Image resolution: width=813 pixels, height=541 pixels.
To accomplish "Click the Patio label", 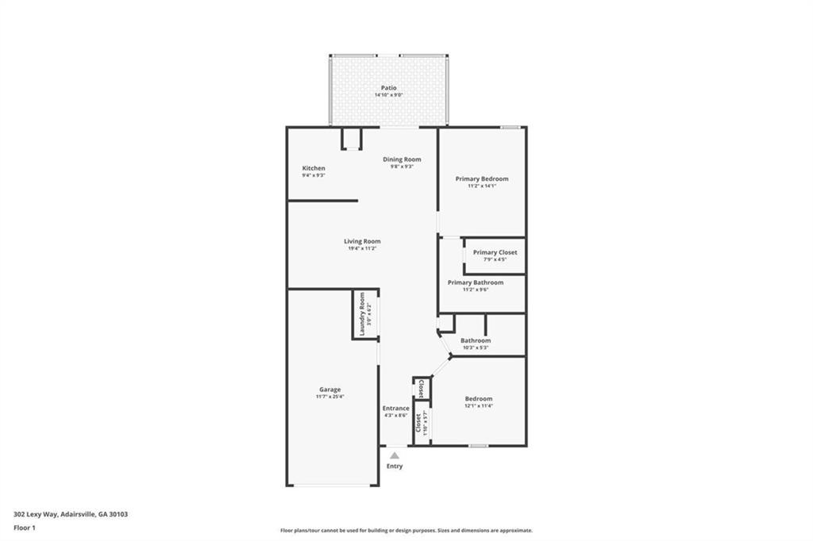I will point(388,88).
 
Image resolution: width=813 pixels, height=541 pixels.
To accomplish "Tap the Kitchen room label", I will point(314,168).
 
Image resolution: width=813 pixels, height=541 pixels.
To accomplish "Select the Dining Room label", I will point(402,159).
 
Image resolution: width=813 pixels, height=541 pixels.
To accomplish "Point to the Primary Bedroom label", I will point(482,178).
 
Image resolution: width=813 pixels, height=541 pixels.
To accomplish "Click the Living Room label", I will point(362,241).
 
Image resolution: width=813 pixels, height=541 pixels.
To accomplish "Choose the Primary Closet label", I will point(495,252).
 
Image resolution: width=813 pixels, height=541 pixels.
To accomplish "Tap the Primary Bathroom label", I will point(475,282).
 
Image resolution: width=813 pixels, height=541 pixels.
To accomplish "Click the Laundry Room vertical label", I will point(362,313).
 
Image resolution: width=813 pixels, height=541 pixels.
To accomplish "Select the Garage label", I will point(330,389).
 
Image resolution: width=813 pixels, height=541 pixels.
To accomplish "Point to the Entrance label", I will point(395,409).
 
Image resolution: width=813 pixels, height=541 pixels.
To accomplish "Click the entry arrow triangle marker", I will point(395,455).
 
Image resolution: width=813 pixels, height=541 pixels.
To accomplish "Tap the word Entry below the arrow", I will point(395,466).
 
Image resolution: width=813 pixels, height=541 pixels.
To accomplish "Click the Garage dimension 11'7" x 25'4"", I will point(330,397).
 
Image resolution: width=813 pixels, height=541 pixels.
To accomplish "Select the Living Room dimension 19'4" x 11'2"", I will point(362,248).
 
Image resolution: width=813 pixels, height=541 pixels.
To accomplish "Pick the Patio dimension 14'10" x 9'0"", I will point(388,95).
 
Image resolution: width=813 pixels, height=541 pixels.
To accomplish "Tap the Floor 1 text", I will point(25,528).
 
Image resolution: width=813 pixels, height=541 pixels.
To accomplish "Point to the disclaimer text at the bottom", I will point(406,531).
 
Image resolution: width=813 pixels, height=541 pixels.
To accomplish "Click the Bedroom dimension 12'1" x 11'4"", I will point(479,406).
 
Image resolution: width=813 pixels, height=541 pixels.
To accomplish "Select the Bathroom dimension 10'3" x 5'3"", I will point(476,347).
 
